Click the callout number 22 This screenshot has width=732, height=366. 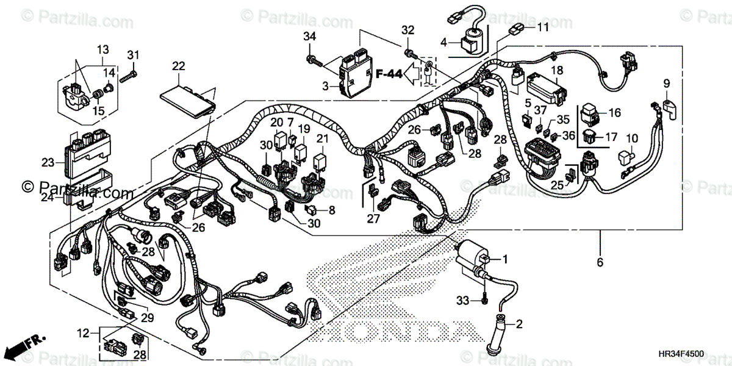tap(178, 66)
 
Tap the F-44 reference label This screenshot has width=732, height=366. tap(389, 74)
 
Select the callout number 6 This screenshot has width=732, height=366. tap(600, 262)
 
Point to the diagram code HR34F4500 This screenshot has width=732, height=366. tap(680, 354)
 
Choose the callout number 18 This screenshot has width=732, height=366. tap(557, 71)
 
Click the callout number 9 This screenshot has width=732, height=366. tap(667, 84)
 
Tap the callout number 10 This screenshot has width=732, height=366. tap(631, 138)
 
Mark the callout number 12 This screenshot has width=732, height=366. tap(84, 333)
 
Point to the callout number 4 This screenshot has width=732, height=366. tap(444, 43)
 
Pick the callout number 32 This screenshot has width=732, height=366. tap(407, 30)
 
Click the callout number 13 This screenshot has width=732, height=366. tap(102, 49)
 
